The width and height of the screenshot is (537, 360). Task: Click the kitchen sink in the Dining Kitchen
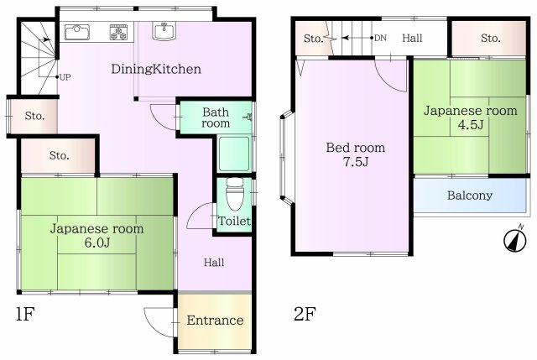pyautogui.click(x=77, y=32)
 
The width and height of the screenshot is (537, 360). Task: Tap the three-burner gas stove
pyautogui.click(x=118, y=32)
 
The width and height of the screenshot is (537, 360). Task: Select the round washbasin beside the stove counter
pyautogui.click(x=164, y=31)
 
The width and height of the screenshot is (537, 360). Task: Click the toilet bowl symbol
pyautogui.click(x=235, y=194)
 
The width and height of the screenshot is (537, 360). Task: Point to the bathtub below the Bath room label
pyautogui.click(x=234, y=154)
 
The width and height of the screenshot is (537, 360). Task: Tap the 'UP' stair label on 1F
pyautogui.click(x=65, y=77)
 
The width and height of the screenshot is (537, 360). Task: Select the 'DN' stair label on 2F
pyautogui.click(x=380, y=38)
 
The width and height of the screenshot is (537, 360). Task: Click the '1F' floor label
pyautogui.click(x=25, y=314)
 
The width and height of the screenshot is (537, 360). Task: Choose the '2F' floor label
pyautogui.click(x=305, y=314)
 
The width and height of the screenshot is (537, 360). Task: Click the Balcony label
pyautogui.click(x=470, y=196)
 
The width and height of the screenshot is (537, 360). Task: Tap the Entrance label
pyautogui.click(x=215, y=321)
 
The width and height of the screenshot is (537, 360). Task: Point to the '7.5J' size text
pyautogui.click(x=356, y=161)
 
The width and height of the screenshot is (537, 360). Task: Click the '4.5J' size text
pyautogui.click(x=471, y=124)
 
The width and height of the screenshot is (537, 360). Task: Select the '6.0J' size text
pyautogui.click(x=97, y=243)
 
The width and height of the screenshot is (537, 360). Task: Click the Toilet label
pyautogui.click(x=234, y=221)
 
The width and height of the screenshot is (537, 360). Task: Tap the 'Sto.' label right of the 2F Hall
pyautogui.click(x=490, y=38)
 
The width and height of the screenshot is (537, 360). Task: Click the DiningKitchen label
pyautogui.click(x=156, y=69)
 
